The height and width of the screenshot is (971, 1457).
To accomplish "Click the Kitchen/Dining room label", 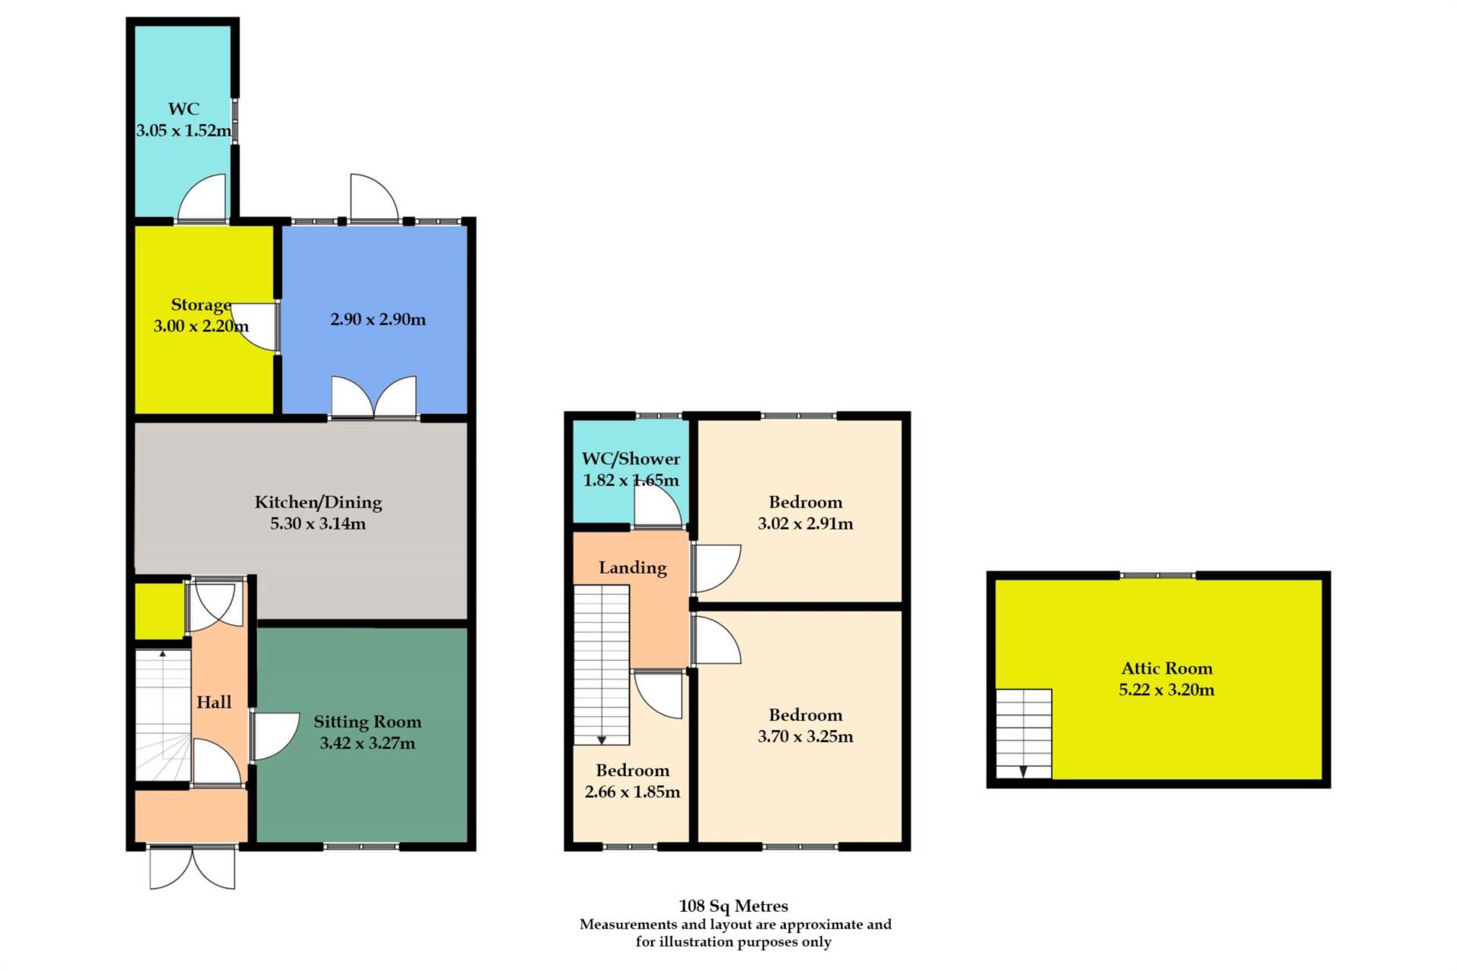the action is (x=318, y=502).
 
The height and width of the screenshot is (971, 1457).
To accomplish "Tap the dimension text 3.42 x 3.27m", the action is (x=367, y=743).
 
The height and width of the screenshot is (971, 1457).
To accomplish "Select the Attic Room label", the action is (x=1167, y=668).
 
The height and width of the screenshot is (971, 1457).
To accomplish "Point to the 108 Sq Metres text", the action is (x=733, y=906).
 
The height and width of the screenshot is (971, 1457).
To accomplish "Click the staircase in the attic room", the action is (x=1024, y=734).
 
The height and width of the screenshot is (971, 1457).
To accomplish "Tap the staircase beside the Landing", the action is (x=602, y=665).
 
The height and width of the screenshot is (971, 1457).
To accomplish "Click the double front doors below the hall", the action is (x=193, y=868).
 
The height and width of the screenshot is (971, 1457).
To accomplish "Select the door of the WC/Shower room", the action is (x=657, y=504).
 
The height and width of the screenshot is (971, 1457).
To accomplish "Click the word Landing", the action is (x=633, y=568).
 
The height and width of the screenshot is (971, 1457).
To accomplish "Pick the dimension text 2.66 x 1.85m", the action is (x=632, y=792).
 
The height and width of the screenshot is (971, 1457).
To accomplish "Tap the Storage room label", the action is (x=201, y=305).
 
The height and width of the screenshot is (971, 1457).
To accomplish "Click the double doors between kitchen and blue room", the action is (x=374, y=397).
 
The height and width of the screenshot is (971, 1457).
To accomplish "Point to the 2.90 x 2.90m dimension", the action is (x=378, y=319).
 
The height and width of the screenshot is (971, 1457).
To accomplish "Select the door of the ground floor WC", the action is (x=202, y=198).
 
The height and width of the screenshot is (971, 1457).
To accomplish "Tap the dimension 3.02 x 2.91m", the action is (x=805, y=523).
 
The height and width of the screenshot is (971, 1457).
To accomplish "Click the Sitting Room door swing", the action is (x=275, y=737).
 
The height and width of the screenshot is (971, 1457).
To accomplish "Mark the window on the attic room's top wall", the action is (x=1158, y=576).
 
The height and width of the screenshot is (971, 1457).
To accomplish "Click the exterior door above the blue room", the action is (x=374, y=198).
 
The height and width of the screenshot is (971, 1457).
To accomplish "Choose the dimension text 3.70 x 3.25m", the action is (x=805, y=737).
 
